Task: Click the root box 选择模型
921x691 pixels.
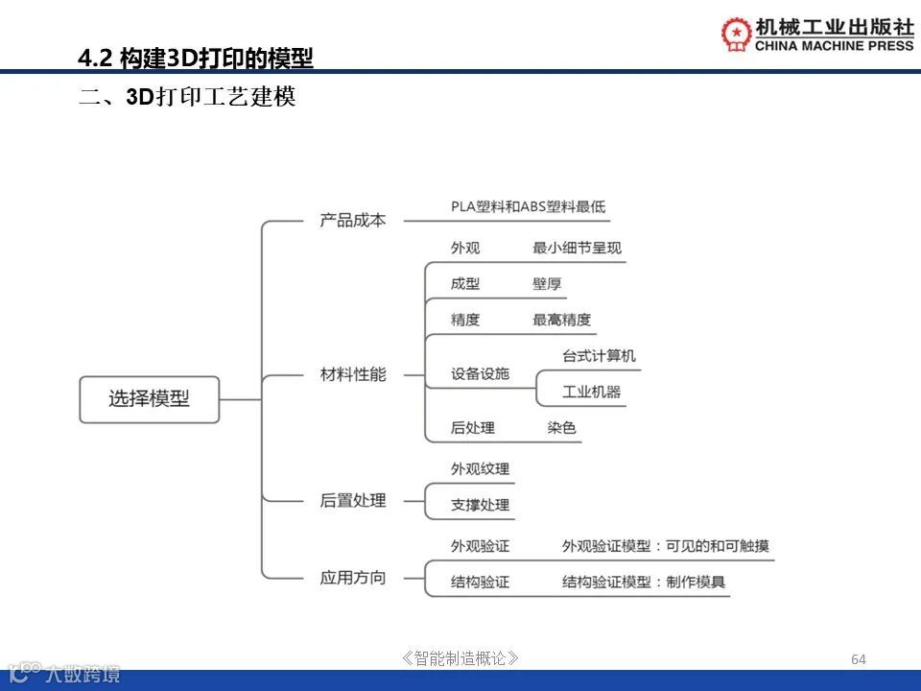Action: [149, 399]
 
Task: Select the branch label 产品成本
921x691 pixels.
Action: [353, 220]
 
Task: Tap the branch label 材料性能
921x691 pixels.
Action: [353, 374]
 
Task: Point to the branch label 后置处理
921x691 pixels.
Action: [353, 500]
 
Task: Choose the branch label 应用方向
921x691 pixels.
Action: [353, 578]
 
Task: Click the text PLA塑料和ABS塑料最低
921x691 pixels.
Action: [529, 206]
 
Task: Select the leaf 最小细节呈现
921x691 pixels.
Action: [577, 248]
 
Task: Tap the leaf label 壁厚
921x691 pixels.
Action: [547, 284]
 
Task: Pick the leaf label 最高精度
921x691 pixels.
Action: [561, 320]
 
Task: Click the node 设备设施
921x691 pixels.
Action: [480, 374]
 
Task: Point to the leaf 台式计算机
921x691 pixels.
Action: [599, 356]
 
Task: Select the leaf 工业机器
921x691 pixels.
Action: [591, 392]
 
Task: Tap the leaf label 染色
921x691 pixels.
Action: [561, 428]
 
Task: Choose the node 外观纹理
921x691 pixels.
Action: [480, 469]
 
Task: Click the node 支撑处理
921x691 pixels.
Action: [480, 505]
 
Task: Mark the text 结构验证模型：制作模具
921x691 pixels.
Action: [644, 582]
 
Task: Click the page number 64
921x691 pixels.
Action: [859, 659]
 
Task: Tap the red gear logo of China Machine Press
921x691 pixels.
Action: [737, 34]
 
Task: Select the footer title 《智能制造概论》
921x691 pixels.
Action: [461, 658]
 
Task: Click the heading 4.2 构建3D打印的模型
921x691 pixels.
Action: [196, 60]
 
